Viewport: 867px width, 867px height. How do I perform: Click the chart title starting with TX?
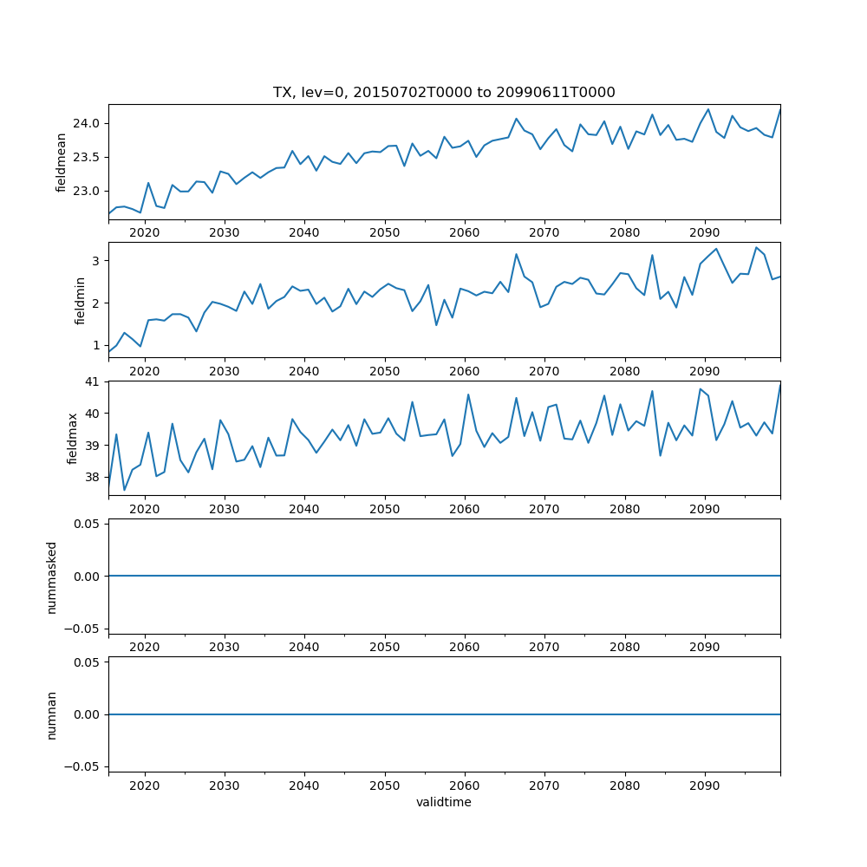coord(444,92)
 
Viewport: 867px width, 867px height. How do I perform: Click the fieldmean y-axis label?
coord(62,162)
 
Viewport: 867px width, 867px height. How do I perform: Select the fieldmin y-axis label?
coord(80,300)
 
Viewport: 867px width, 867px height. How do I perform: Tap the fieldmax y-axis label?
coord(74,439)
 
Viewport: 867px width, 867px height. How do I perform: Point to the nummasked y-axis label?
coord(52,577)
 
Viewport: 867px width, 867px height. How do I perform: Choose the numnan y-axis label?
coord(52,714)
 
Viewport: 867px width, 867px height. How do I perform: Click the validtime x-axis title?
coord(444,802)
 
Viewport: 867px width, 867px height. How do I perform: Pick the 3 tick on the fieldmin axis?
coord(97,260)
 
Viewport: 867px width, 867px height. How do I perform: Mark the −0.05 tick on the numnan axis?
coord(83,766)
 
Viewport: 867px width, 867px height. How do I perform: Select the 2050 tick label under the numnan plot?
coord(384,786)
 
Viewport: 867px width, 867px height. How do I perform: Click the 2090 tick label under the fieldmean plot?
coord(704,233)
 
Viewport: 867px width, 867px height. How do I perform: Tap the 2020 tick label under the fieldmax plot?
coord(145,509)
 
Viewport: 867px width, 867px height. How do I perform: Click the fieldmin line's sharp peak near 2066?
coord(516,254)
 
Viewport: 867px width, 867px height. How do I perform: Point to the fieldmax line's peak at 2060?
coord(468,394)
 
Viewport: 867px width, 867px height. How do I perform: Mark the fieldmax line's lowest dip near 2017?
coord(124,490)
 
